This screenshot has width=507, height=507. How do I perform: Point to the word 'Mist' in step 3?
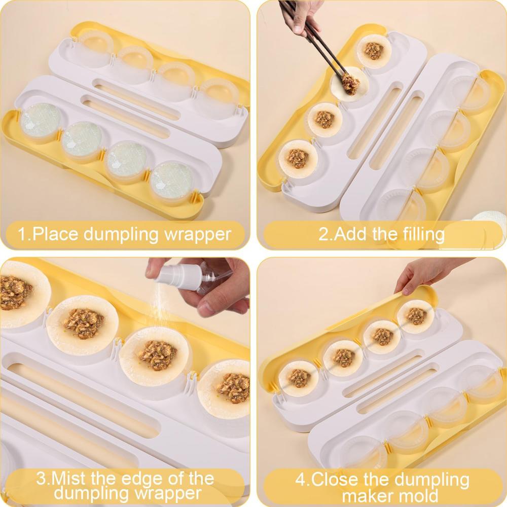(69, 478)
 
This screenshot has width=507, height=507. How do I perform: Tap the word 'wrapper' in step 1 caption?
(198, 234)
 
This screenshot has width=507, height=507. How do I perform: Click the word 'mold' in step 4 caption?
(420, 495)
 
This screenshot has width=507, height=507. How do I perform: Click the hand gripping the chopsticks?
(301, 16)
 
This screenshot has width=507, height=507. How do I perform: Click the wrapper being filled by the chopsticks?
(349, 84)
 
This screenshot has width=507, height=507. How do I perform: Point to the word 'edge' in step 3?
(151, 479)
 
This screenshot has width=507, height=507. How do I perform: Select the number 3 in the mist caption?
(41, 478)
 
